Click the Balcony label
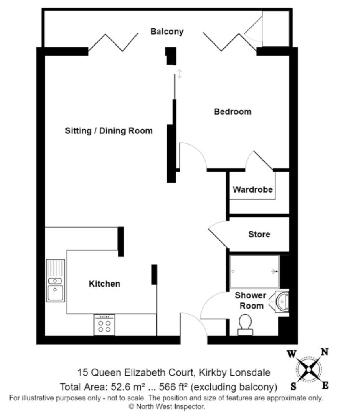(167, 31)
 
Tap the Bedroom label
(232, 112)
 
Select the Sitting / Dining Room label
(109, 131)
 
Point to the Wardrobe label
(253, 189)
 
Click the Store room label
(259, 234)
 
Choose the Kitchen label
(104, 284)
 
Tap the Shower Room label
(250, 300)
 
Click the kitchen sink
(55, 280)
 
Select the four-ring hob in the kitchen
(104, 325)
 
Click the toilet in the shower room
(245, 325)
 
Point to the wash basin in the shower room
(282, 302)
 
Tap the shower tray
(254, 272)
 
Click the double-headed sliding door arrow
(179, 74)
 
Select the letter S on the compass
(293, 387)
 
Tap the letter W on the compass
(292, 354)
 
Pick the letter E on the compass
(325, 385)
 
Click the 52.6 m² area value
(128, 387)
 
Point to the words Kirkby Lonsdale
(234, 373)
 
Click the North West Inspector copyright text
(167, 407)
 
